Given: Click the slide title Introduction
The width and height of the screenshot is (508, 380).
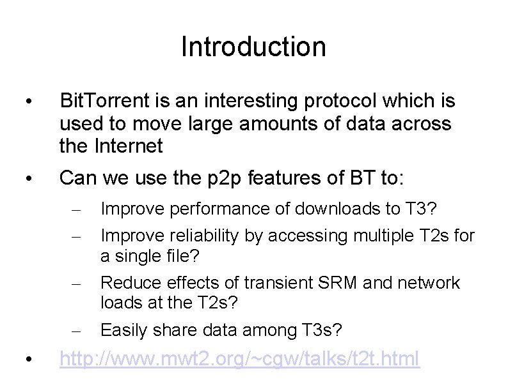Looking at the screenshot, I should coord(253,47).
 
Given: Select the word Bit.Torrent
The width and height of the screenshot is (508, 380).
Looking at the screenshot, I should coord(102,101).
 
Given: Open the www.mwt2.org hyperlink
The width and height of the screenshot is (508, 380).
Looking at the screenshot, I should coord(239,359).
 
